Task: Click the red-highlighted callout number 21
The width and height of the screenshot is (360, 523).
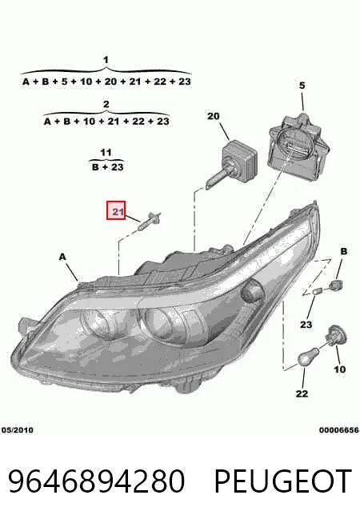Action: click(x=116, y=210)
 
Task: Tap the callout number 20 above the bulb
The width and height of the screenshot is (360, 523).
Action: click(x=214, y=117)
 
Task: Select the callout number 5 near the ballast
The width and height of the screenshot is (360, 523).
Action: click(x=302, y=86)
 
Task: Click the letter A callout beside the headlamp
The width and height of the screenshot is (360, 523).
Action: click(x=62, y=257)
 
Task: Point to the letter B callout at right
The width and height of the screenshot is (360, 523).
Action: click(x=344, y=251)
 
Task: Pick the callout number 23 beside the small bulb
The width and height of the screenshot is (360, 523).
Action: click(x=306, y=324)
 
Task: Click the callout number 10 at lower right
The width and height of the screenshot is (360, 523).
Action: click(x=340, y=369)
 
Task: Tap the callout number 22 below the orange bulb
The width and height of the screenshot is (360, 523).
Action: click(x=302, y=393)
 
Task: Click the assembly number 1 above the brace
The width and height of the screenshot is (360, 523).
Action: click(x=106, y=60)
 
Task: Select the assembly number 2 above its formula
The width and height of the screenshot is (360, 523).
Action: click(x=106, y=104)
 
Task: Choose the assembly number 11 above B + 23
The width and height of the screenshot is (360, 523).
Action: click(x=106, y=153)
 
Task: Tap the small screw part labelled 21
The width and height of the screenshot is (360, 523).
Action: click(x=150, y=220)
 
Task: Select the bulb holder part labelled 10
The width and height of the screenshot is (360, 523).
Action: click(x=337, y=334)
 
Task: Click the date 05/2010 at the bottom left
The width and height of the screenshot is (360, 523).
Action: click(x=18, y=430)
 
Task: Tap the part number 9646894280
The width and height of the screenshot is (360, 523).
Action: click(x=97, y=481)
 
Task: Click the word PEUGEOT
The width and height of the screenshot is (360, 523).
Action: click(x=282, y=481)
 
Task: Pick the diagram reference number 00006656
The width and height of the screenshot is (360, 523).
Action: click(x=338, y=430)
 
